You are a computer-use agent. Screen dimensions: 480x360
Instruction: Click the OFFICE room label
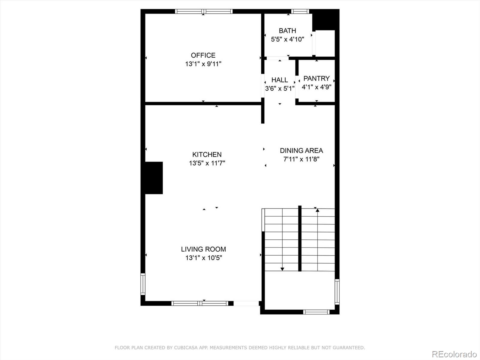point(203,55)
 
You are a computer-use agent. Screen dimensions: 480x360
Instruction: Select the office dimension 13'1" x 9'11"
point(203,64)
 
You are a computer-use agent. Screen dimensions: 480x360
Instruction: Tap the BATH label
point(287,31)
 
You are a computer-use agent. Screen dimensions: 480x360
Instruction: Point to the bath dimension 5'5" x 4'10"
point(287,39)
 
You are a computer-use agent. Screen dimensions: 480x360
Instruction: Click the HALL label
point(280,80)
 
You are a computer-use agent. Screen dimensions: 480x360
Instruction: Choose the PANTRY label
point(316,78)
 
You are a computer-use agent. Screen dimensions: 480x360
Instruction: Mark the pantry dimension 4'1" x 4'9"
point(316,87)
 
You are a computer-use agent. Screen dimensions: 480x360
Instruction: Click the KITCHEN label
point(207,154)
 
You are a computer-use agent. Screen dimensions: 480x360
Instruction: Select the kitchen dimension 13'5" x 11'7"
point(207,163)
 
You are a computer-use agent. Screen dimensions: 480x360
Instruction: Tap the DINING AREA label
point(301,151)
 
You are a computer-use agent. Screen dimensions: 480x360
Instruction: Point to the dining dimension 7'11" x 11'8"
point(301,159)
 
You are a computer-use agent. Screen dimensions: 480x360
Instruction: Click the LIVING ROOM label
point(203,249)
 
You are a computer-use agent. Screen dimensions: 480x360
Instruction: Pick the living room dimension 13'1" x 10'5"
point(204,258)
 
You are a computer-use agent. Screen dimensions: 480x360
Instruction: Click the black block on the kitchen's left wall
point(154,178)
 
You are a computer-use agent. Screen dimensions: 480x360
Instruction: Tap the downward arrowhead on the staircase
point(282,269)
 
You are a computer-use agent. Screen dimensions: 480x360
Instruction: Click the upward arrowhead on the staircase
point(317,210)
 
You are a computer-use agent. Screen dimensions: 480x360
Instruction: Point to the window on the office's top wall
point(204,11)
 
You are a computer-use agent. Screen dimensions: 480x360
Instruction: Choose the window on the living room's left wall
point(143,284)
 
